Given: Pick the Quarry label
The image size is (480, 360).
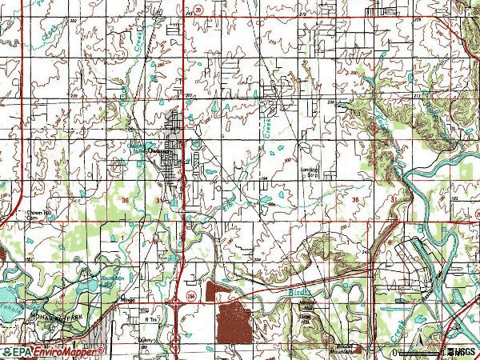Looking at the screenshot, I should tap(145, 338).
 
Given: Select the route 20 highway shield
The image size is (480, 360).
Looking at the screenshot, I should tap(198, 6).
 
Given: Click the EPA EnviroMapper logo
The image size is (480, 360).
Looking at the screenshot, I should tap(52, 351).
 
